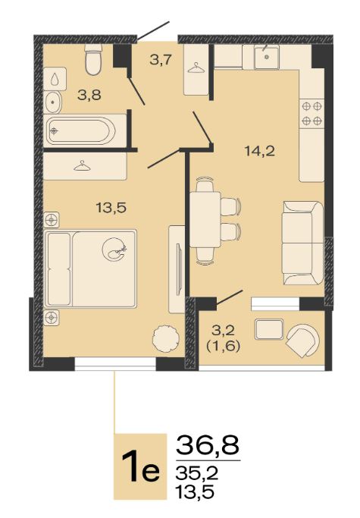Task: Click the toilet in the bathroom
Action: point(92,59)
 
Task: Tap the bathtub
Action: point(81,130)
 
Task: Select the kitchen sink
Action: point(267,57)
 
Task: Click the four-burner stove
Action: point(311,113)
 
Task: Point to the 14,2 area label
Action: point(260,151)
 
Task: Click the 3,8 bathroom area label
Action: point(89,96)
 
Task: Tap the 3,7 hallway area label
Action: point(161,60)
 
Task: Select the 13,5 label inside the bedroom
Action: point(111,208)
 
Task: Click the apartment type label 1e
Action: point(140,466)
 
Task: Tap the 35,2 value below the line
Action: point(197,473)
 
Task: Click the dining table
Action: point(205,220)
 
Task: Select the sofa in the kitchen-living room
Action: point(302,243)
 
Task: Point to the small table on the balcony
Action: point(270,329)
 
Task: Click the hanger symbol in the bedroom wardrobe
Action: point(82,166)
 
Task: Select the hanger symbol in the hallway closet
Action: point(196,67)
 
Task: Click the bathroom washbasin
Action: point(52,102)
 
